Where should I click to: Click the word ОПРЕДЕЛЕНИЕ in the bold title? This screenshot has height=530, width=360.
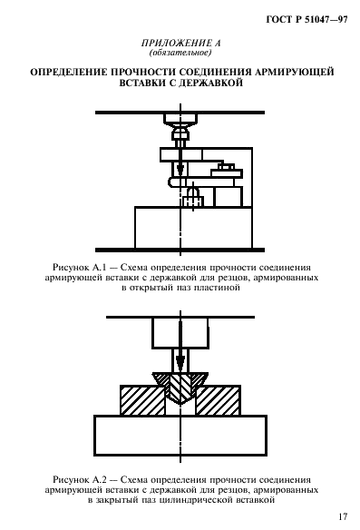click(x=72, y=70)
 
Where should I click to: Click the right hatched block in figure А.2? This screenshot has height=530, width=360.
click(x=221, y=397)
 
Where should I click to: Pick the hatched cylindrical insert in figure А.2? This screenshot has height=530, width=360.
click(x=180, y=385)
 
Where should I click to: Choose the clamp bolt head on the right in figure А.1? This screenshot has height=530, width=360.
click(x=226, y=166)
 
